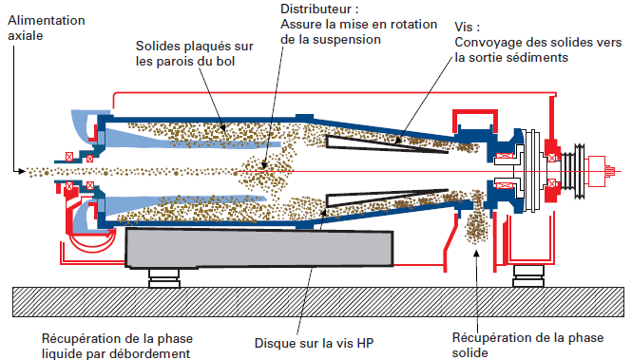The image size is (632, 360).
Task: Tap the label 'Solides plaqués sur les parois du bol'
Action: (x=186, y=53)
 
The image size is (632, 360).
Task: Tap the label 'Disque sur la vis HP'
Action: (x=307, y=343)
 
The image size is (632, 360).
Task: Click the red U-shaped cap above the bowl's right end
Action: (x=473, y=121)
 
